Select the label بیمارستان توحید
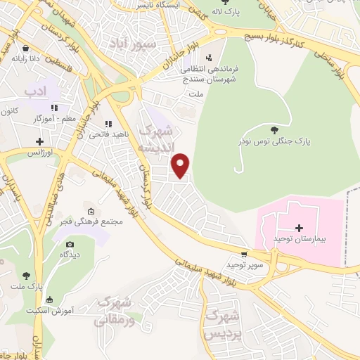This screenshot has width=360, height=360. point(300,240)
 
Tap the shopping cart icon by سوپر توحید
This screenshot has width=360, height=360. point(244,254)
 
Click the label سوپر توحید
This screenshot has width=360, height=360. point(244,265)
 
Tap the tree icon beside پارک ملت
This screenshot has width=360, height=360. point(26,276)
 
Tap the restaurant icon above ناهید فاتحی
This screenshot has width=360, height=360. point(108,124)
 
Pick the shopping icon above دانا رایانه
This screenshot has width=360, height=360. point(26,49)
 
